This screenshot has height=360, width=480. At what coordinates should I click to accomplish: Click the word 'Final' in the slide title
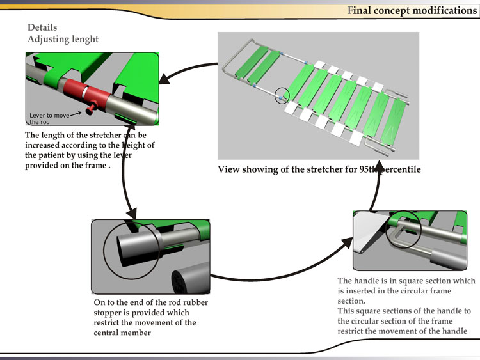[x=359, y=10]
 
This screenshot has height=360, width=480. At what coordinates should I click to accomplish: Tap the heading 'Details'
[x=42, y=27]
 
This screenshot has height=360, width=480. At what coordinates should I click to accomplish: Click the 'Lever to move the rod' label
[x=49, y=118]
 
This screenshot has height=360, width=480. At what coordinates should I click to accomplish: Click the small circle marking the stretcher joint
[x=282, y=95]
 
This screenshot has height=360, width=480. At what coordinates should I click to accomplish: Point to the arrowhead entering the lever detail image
[x=164, y=79]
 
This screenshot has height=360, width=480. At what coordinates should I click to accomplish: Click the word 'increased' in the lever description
[x=45, y=145]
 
